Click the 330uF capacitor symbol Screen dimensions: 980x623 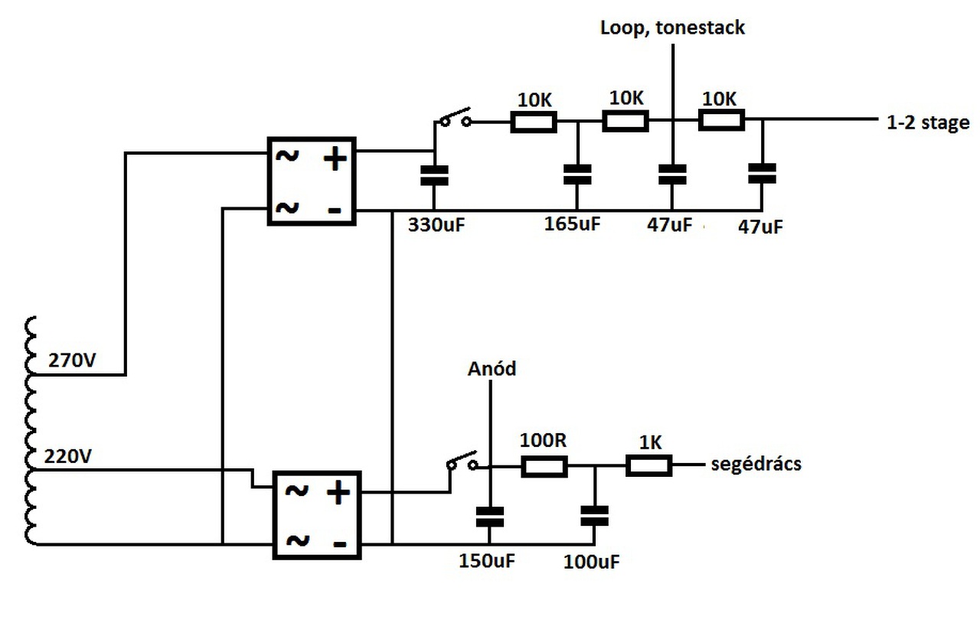(434, 175)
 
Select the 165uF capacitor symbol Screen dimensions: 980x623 (577, 175)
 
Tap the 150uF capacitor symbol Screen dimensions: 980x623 (489, 517)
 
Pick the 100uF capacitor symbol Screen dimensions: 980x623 (594, 516)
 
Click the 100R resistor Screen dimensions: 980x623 (544, 466)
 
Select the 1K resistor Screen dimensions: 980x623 (648, 465)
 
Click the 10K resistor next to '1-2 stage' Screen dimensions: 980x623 (721, 120)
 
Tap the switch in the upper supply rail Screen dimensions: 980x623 (455, 117)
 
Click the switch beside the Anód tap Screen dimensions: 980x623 (462, 461)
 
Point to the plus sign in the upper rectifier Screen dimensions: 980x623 (335, 158)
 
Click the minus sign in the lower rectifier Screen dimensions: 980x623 (339, 544)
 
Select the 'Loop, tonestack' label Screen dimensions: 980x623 (672, 28)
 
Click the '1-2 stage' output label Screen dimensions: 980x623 (928, 122)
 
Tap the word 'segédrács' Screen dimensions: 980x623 (756, 464)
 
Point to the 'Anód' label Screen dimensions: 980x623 (492, 368)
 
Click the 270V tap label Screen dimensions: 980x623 (72, 360)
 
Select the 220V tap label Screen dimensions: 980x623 (68, 456)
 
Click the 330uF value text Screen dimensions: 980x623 (436, 225)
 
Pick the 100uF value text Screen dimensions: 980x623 (592, 563)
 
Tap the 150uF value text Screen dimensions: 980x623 (487, 561)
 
